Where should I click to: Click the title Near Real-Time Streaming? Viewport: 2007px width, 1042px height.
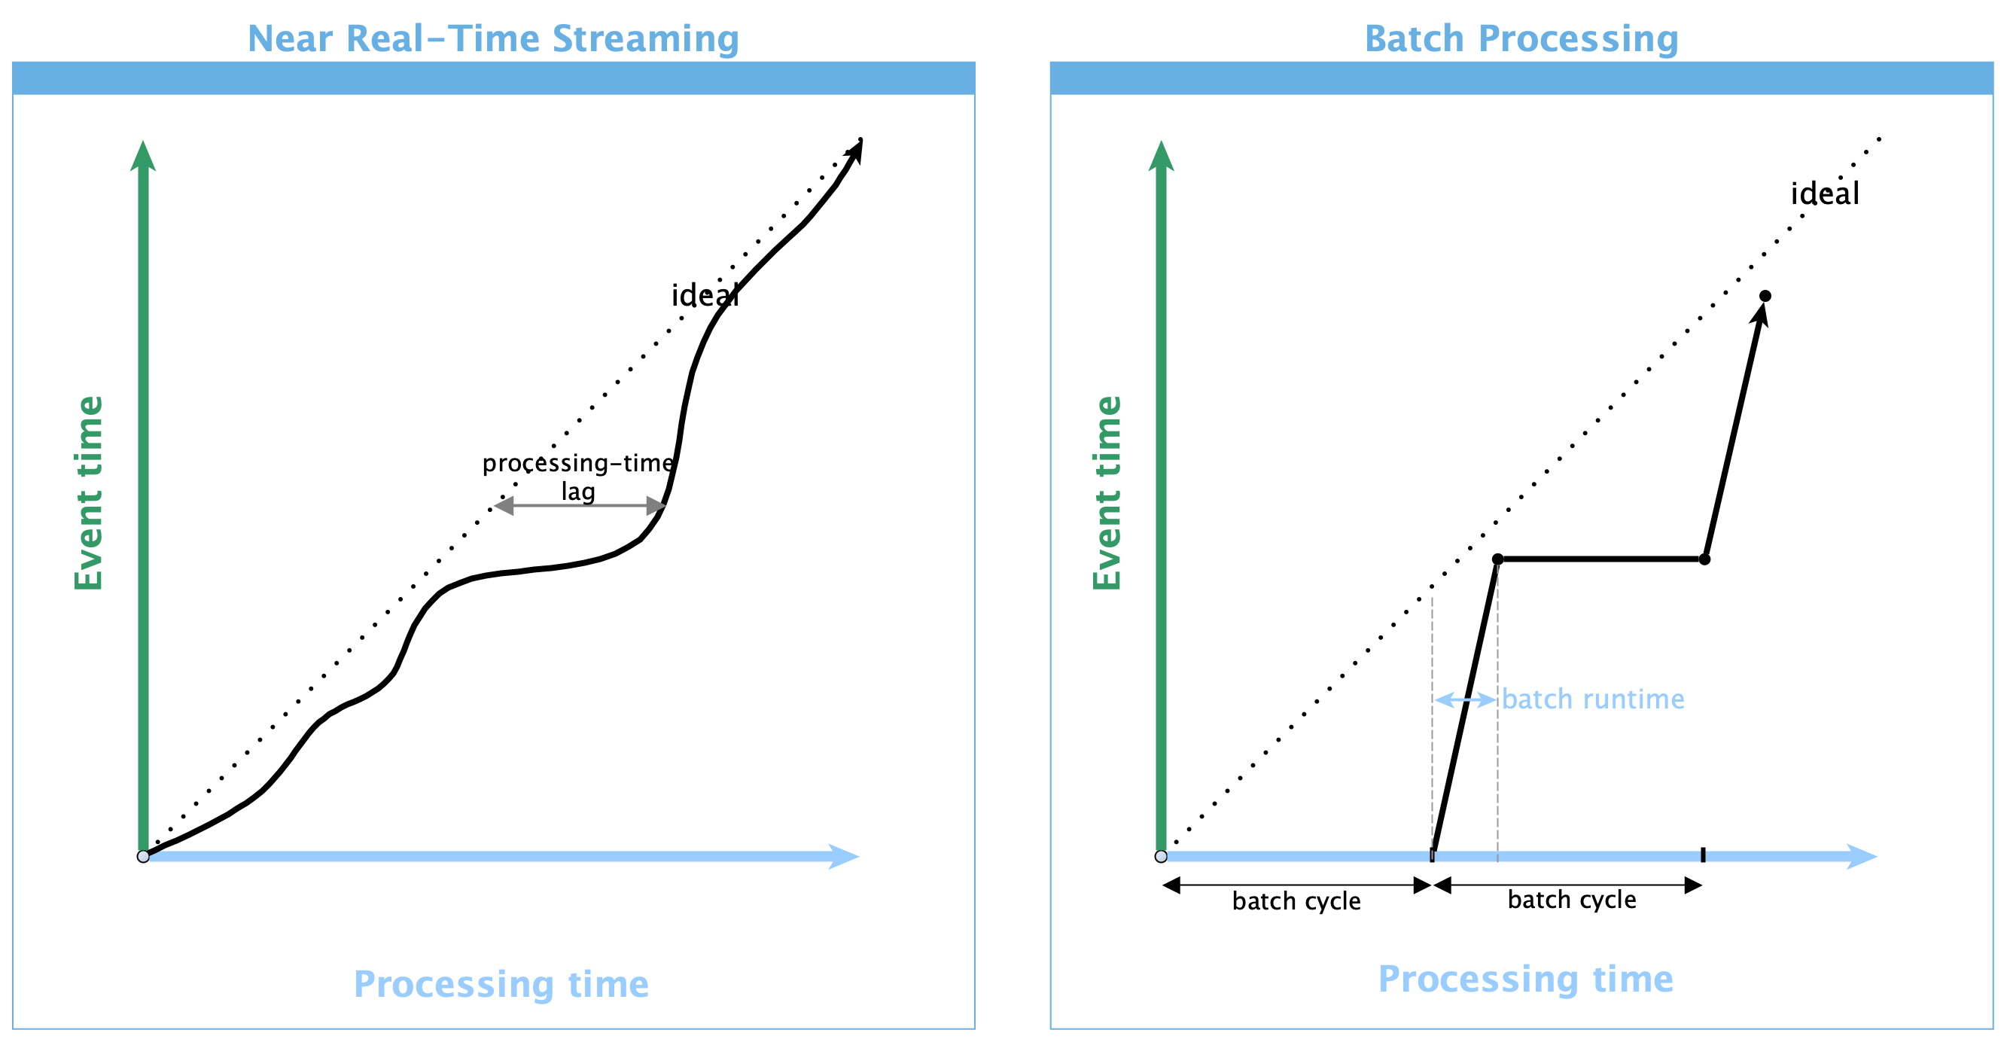(493, 39)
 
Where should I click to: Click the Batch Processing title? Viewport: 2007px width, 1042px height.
(1521, 39)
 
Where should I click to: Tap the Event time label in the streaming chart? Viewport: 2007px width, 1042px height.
(89, 492)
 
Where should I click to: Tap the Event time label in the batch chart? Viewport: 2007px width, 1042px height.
(1107, 492)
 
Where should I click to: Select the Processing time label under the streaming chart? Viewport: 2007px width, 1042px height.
(501, 984)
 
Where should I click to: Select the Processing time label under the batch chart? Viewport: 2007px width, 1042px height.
(1525, 980)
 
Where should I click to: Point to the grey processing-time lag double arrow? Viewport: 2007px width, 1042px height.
(580, 506)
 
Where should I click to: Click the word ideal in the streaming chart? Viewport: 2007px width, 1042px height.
(705, 295)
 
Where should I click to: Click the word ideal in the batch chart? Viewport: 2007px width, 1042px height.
(1825, 194)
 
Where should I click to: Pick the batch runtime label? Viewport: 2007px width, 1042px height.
(1592, 699)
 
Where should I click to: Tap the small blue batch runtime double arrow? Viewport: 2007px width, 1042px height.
(1466, 700)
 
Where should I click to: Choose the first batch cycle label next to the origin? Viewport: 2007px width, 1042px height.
(1296, 901)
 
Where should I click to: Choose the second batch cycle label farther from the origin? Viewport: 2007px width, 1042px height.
(1571, 900)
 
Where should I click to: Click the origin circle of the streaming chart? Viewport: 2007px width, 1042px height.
(143, 857)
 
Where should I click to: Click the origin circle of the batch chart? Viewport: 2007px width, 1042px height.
(1161, 857)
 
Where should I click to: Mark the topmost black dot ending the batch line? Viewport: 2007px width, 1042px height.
(1765, 296)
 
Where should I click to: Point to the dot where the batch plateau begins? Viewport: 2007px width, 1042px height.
(1497, 559)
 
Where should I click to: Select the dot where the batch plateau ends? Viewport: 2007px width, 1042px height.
(1704, 559)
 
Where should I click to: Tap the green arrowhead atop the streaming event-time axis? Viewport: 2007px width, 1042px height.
(143, 156)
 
